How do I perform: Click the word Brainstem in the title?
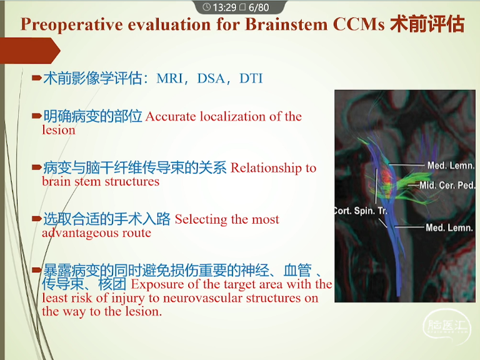click(286, 24)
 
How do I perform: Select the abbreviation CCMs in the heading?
click(359, 24)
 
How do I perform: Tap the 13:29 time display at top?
click(225, 7)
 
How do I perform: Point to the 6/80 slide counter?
click(259, 7)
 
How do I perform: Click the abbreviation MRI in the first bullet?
click(169, 78)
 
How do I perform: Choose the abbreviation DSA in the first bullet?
click(211, 78)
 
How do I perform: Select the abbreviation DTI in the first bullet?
click(251, 78)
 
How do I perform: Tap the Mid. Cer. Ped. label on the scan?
click(447, 185)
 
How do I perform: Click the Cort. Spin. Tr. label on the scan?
click(361, 211)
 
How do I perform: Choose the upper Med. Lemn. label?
click(451, 166)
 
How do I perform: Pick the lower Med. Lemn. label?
click(449, 227)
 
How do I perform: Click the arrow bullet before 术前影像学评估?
click(36, 77)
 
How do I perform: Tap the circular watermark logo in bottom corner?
click(447, 326)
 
